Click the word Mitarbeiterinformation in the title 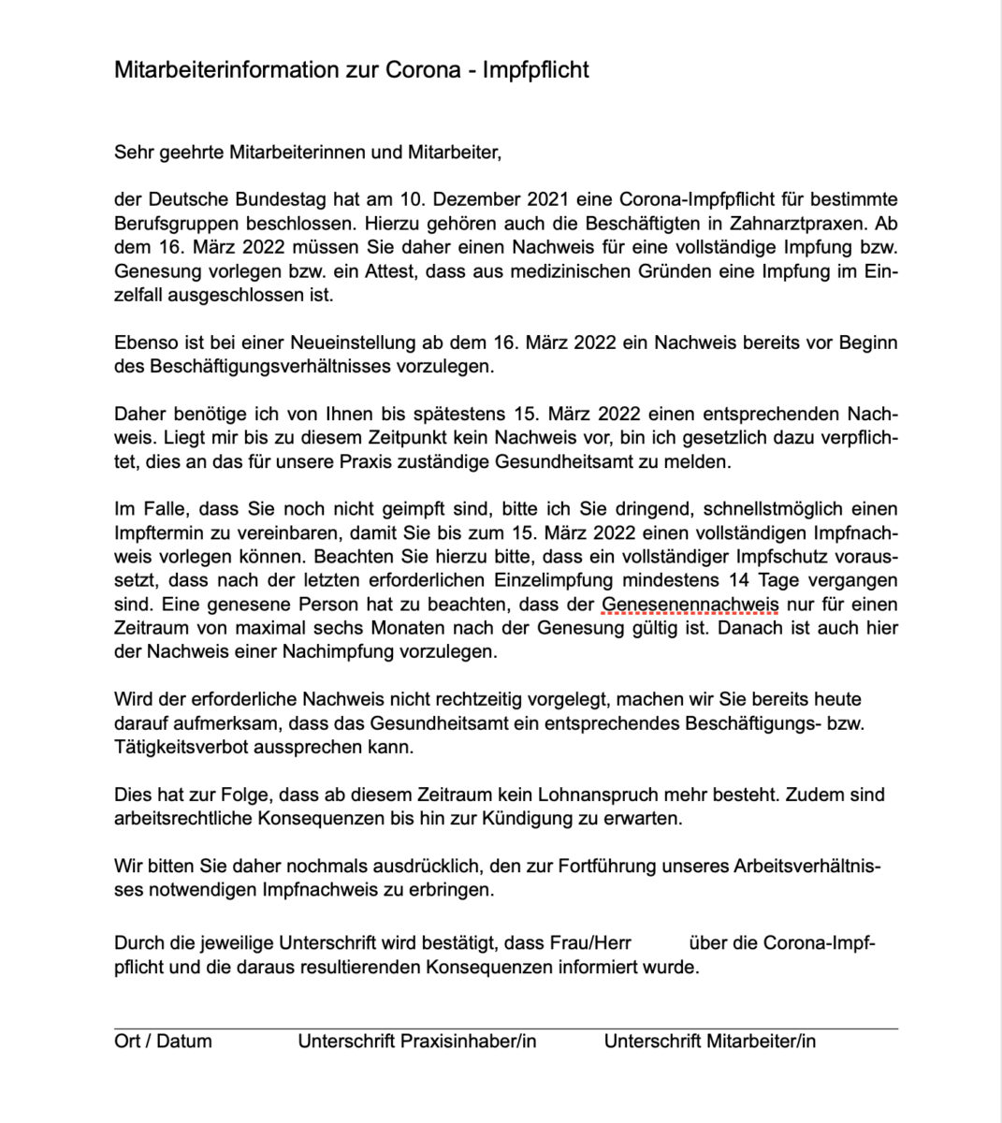pyautogui.click(x=226, y=70)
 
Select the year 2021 pyautogui.click(x=549, y=199)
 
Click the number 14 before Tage pyautogui.click(x=739, y=581)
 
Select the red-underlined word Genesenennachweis pyautogui.click(x=690, y=605)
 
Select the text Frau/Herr pyautogui.click(x=590, y=943)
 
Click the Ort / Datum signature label pyautogui.click(x=163, y=1041)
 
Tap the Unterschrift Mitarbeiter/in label pyautogui.click(x=709, y=1041)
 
